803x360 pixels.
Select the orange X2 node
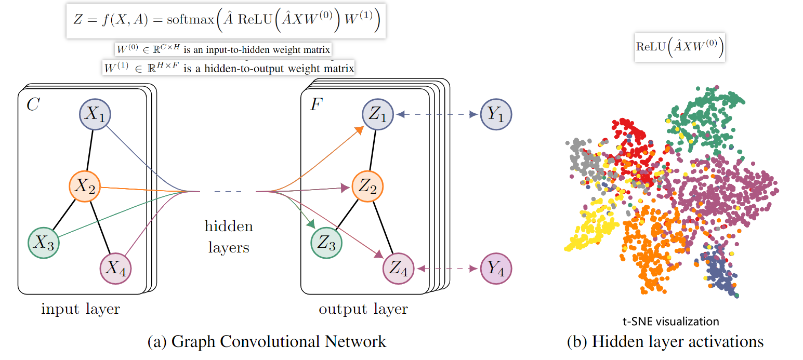pos(85,187)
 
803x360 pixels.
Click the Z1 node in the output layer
pos(378,114)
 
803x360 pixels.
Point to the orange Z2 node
pos(367,187)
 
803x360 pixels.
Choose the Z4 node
pos(398,269)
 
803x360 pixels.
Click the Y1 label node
pos(496,114)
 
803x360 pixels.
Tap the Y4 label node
pos(496,269)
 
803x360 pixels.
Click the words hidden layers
pos(229,237)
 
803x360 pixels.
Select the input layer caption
pos(81,310)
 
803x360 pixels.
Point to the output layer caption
pos(363,310)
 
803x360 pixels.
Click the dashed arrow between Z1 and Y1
pos(437,114)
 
